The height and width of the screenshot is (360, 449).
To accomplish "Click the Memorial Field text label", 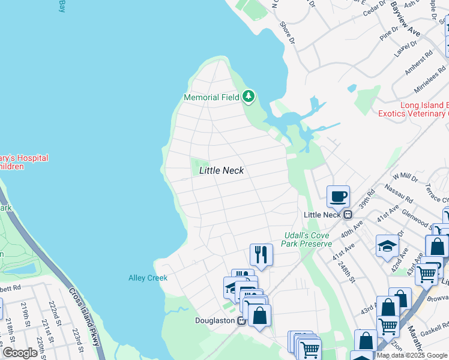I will [211, 97].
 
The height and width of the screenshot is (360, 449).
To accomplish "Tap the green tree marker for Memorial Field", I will [249, 97].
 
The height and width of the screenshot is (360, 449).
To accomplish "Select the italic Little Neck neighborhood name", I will [221, 170].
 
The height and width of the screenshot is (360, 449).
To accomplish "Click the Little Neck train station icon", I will [347, 215].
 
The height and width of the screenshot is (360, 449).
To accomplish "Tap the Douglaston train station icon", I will [241, 320].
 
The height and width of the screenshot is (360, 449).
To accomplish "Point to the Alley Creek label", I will [148, 278].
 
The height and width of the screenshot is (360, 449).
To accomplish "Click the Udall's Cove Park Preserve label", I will [307, 240].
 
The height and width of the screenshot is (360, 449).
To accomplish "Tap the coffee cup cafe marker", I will [338, 196].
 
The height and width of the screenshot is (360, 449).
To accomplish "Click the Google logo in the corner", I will [20, 353].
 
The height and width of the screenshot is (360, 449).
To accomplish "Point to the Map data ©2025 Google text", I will [412, 355].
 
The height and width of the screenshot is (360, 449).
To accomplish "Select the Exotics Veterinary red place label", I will [413, 113].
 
